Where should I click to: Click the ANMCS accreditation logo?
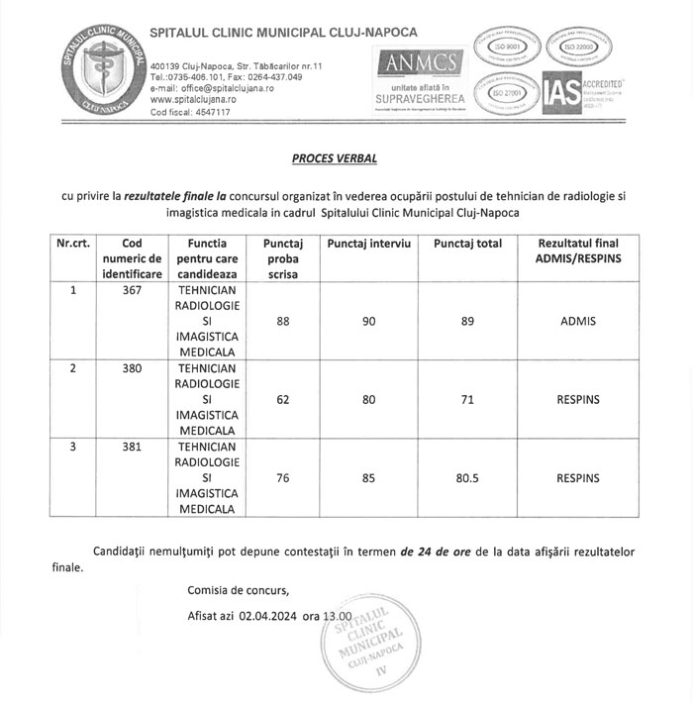click(x=417, y=78)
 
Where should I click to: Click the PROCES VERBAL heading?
click(x=335, y=157)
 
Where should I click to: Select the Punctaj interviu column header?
click(x=368, y=244)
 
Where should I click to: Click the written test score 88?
click(x=283, y=322)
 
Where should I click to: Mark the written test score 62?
click(x=283, y=400)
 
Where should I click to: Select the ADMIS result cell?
click(x=578, y=322)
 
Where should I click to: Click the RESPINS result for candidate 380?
click(x=578, y=400)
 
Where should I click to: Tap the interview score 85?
click(x=368, y=478)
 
